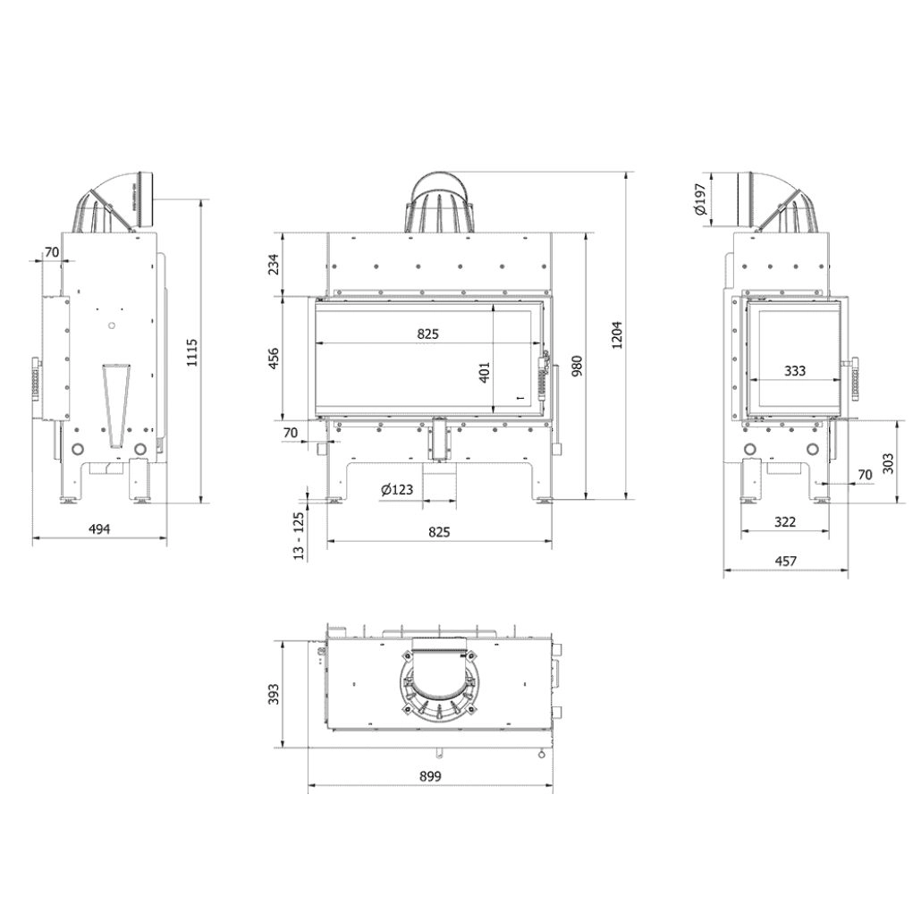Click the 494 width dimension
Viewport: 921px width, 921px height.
pos(99,529)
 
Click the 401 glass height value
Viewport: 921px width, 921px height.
pos(485,370)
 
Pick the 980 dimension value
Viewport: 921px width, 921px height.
pos(578,367)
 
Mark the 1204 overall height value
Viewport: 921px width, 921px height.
pos(616,335)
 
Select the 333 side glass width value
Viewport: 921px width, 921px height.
pos(793,371)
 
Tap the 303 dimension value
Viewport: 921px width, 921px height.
pos(888,462)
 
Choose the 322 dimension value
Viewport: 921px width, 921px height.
pos(785,522)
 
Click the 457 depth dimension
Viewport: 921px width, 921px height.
pos(785,562)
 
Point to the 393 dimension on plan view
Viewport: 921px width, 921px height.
pos(275,694)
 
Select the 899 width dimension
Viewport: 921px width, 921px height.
pos(430,777)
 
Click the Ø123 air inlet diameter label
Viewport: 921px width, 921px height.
pos(396,489)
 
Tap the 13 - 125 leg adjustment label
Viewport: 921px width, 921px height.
pos(299,535)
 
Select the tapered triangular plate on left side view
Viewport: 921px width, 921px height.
pos(114,401)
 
